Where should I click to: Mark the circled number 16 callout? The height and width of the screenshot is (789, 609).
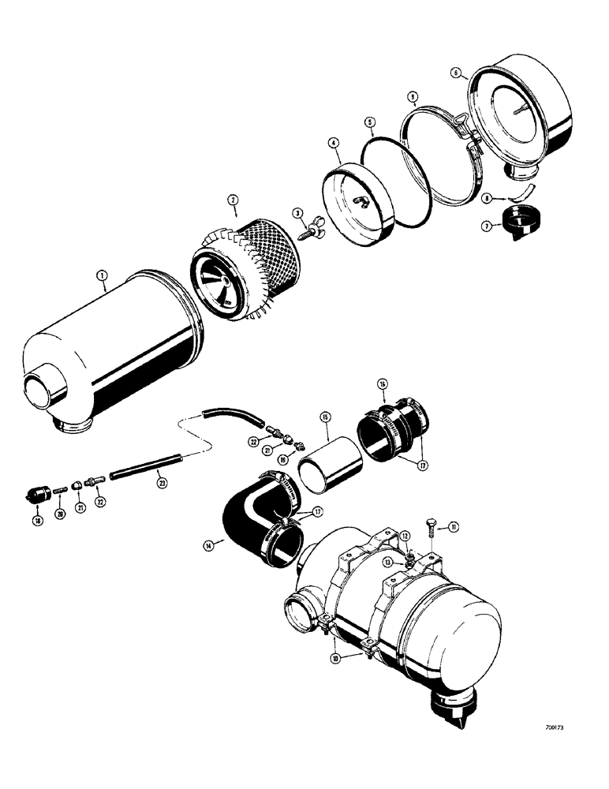[x=381, y=385]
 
